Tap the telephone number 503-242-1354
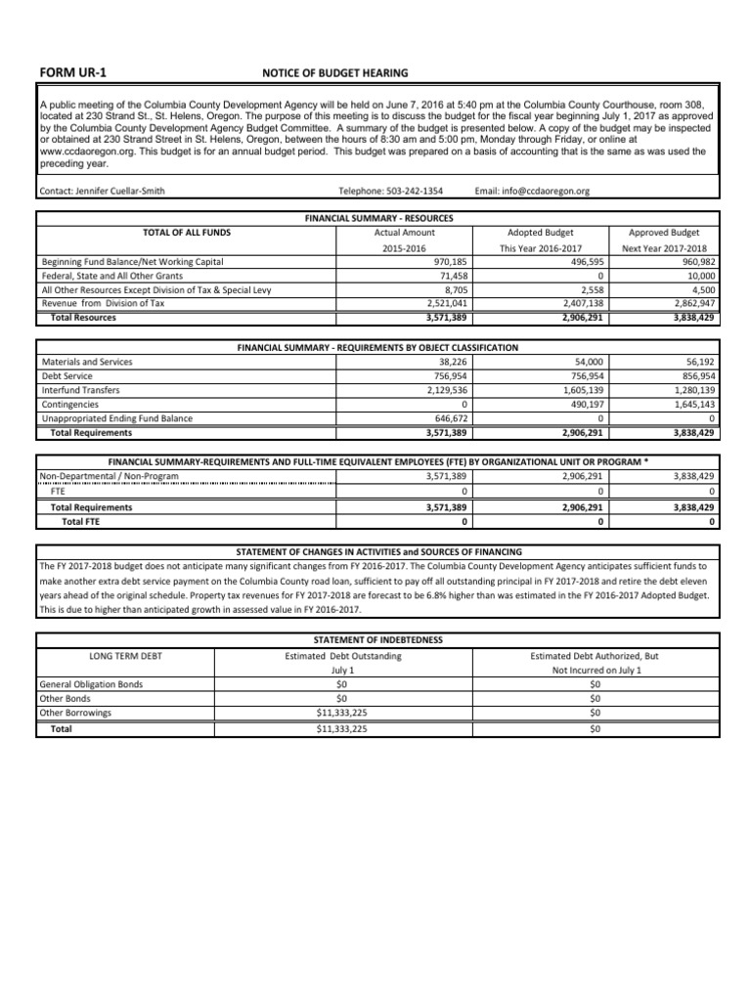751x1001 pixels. [x=409, y=192]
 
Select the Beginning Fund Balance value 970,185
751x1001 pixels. [x=447, y=262]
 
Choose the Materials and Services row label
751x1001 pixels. [x=87, y=362]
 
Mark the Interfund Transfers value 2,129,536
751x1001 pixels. [x=443, y=389]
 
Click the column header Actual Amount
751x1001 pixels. [x=404, y=233]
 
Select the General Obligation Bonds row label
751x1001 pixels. [x=91, y=684]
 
